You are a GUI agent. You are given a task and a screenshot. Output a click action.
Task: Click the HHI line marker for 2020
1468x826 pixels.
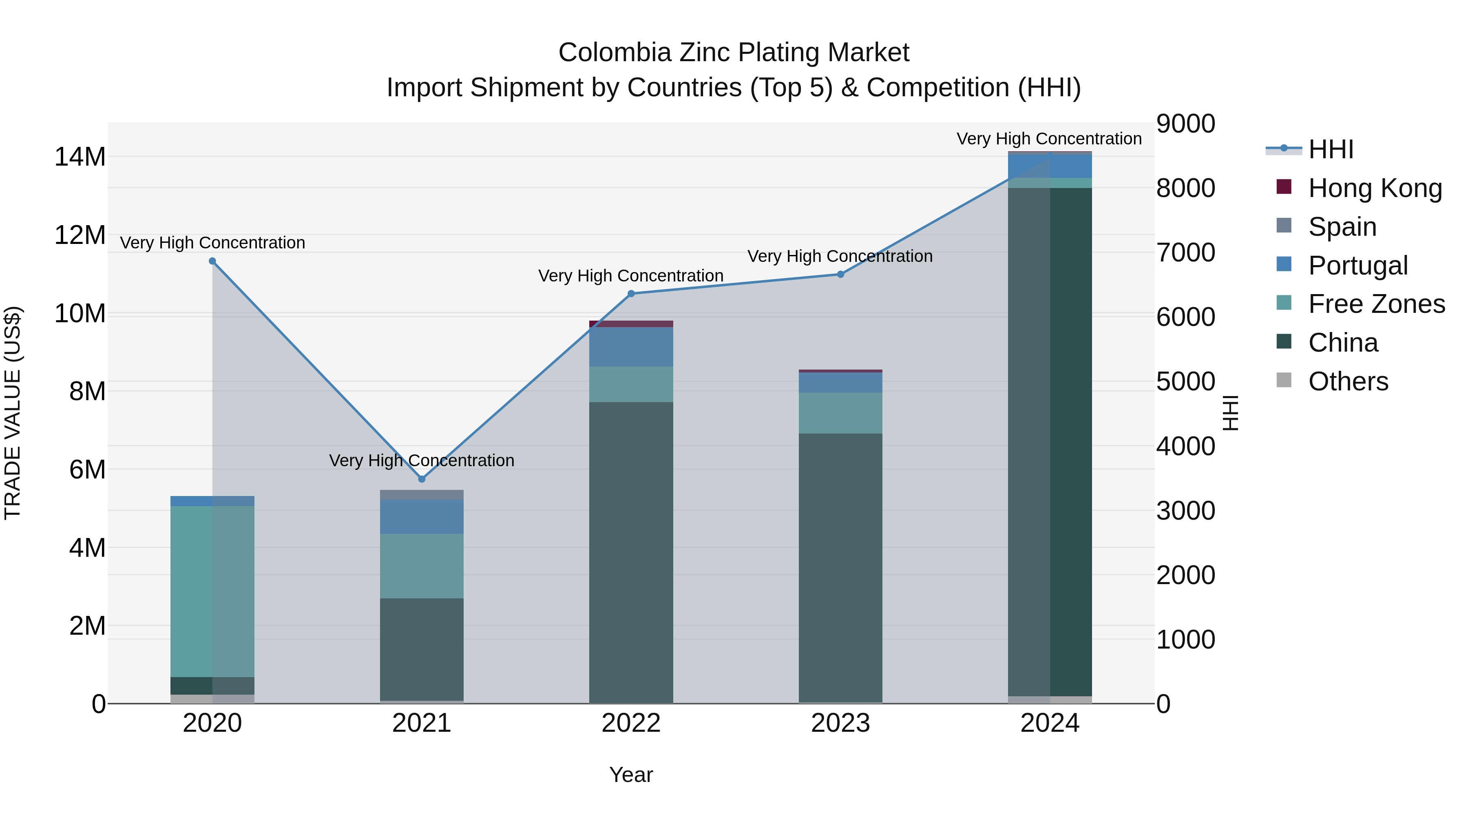(x=212, y=261)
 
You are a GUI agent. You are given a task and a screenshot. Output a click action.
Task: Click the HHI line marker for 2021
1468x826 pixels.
(x=422, y=479)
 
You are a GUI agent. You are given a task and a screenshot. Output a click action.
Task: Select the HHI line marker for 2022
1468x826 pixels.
(x=631, y=294)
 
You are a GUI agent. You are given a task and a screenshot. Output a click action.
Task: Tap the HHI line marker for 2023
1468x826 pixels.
(x=840, y=274)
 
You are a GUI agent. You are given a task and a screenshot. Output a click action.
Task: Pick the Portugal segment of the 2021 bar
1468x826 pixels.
(x=422, y=516)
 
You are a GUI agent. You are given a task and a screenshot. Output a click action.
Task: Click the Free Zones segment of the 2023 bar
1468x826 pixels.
(x=840, y=413)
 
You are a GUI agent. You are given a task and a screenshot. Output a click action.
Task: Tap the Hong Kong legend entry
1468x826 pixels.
(x=1375, y=188)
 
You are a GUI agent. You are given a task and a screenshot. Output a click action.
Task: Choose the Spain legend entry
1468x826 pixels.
(x=1342, y=227)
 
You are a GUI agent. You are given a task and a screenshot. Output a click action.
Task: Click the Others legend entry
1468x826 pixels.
(x=1348, y=381)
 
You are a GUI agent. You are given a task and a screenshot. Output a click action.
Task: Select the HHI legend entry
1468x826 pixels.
(x=1330, y=149)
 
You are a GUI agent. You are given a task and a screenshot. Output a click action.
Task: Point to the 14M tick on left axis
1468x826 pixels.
(x=80, y=157)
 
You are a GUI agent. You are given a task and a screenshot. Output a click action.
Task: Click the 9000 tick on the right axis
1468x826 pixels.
(x=1185, y=124)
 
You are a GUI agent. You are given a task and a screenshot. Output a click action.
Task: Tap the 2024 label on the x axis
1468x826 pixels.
(x=1050, y=723)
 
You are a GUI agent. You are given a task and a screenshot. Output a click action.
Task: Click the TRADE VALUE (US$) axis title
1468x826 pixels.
(x=13, y=413)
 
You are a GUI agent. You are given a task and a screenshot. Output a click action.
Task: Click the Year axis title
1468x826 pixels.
(x=631, y=775)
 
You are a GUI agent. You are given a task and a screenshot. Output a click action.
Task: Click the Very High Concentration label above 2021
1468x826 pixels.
(x=422, y=460)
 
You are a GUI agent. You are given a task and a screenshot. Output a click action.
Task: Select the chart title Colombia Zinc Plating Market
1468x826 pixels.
(x=734, y=53)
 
